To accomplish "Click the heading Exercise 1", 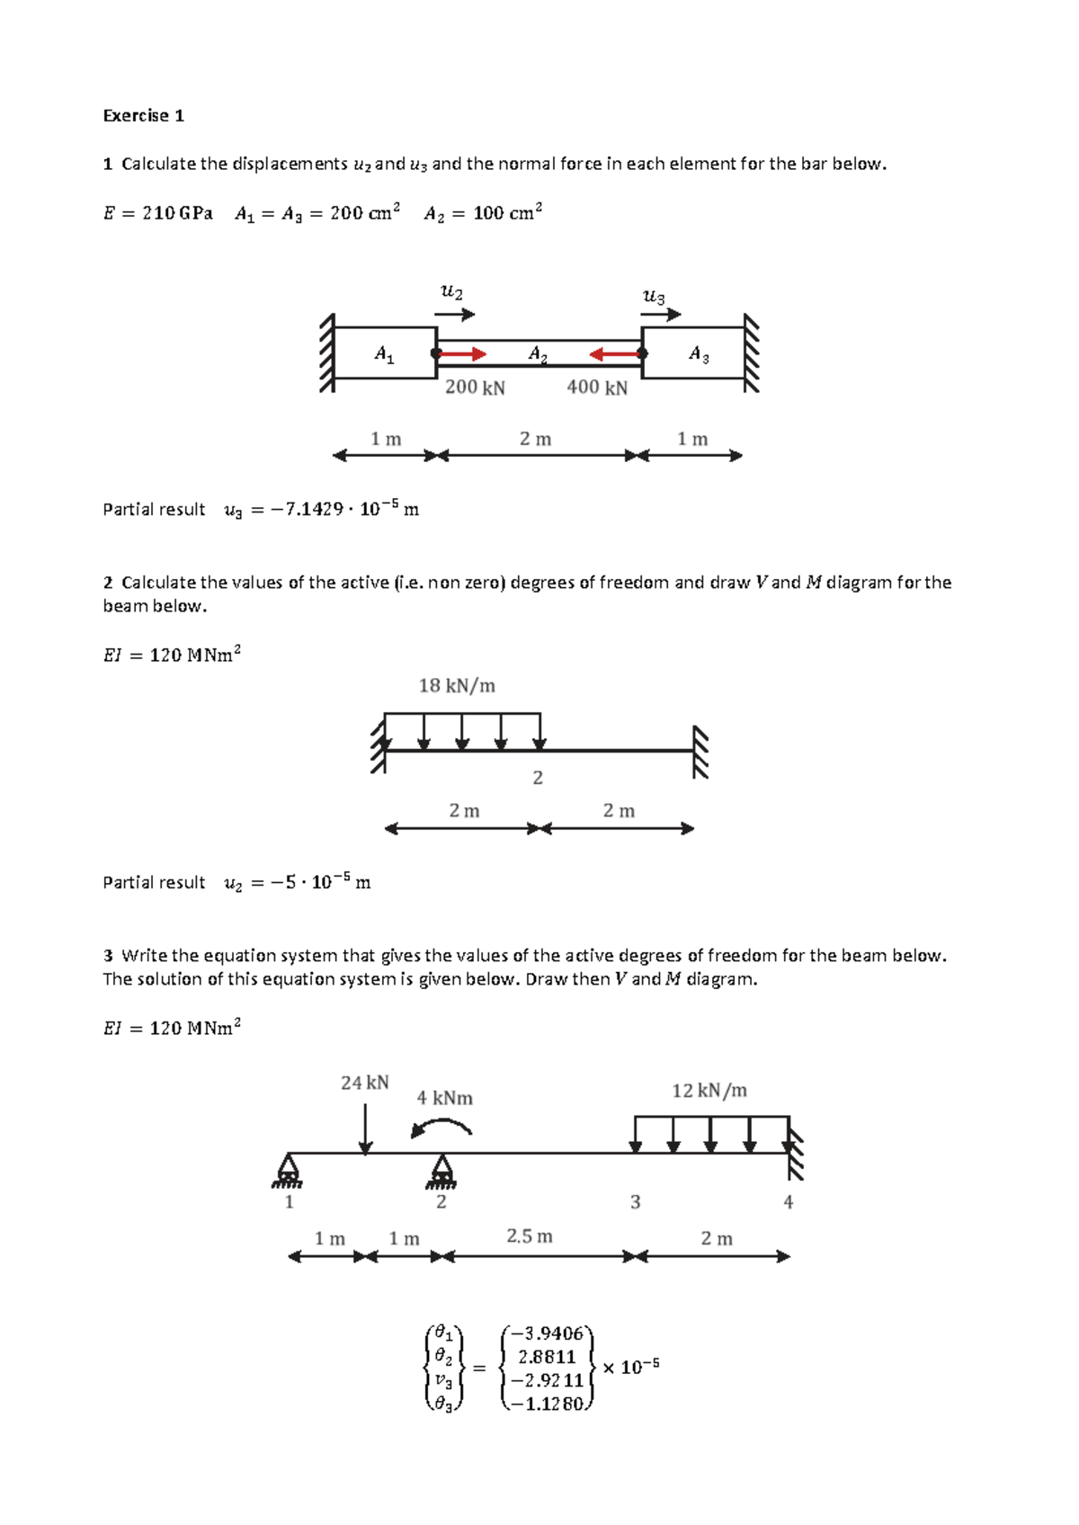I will pyautogui.click(x=143, y=115).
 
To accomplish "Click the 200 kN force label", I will pyautogui.click(x=475, y=388).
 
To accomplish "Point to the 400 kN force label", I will pyautogui.click(x=597, y=388).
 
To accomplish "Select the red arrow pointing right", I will pyautogui.click(x=462, y=354).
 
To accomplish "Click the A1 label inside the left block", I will pyautogui.click(x=384, y=354).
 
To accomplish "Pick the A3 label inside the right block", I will pyautogui.click(x=699, y=354).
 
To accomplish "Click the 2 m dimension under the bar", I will pyautogui.click(x=535, y=439).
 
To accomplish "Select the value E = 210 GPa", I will pyautogui.click(x=157, y=213).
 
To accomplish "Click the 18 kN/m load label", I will pyautogui.click(x=457, y=686).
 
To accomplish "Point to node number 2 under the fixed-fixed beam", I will pyautogui.click(x=538, y=778).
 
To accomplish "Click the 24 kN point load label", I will pyautogui.click(x=364, y=1083).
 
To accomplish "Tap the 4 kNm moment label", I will pyautogui.click(x=444, y=1098).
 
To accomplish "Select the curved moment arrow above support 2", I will pyautogui.click(x=441, y=1127).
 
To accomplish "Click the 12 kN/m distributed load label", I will pyautogui.click(x=709, y=1091).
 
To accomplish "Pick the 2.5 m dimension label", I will pyautogui.click(x=529, y=1236).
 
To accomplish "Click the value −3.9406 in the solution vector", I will pyautogui.click(x=547, y=1333).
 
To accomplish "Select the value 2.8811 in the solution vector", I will pyautogui.click(x=547, y=1357).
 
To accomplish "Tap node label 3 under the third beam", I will pyautogui.click(x=635, y=1202).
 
